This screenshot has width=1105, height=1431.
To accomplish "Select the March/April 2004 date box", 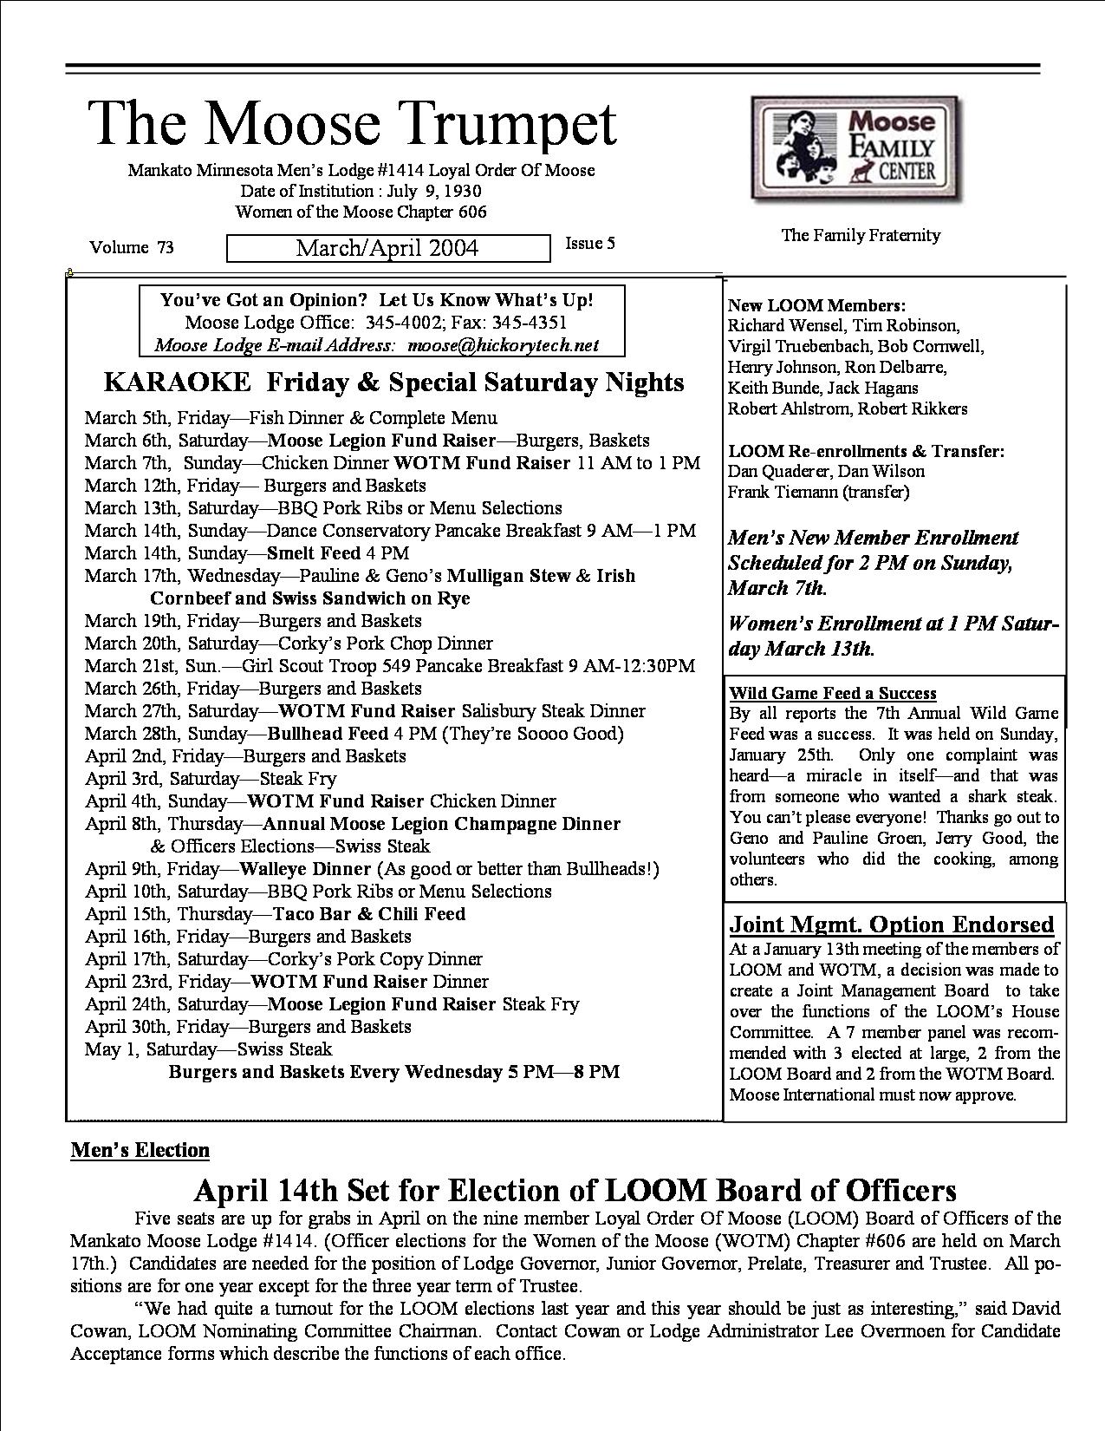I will [x=387, y=248].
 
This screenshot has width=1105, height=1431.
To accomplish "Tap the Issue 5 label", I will [x=590, y=244].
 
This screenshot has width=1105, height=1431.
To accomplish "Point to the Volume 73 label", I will [x=132, y=248].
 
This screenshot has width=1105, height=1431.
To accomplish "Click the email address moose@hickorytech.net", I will [x=504, y=345].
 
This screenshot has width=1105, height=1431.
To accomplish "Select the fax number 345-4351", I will [x=530, y=323].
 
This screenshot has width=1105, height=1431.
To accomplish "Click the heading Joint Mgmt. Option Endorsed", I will [x=892, y=925].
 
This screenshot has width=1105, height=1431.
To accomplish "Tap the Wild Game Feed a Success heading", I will [x=833, y=693].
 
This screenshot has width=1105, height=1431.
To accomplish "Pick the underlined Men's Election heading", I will [x=140, y=1150].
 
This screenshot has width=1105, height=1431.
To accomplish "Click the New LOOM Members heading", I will [x=816, y=305].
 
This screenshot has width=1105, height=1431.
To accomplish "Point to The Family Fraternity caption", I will [x=861, y=235].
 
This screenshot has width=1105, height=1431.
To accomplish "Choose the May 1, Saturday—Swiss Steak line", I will [x=208, y=1049].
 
